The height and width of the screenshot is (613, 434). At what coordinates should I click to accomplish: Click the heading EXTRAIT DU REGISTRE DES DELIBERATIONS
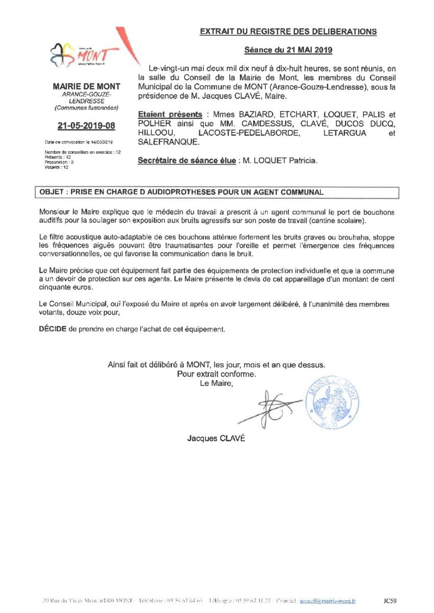(288, 32)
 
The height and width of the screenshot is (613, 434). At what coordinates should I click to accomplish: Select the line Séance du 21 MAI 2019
(288, 50)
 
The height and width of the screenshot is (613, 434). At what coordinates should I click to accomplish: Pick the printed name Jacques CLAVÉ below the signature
(216, 438)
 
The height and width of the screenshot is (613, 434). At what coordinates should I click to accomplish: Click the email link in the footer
(328, 602)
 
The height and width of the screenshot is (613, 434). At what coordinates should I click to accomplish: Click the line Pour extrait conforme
(216, 374)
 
